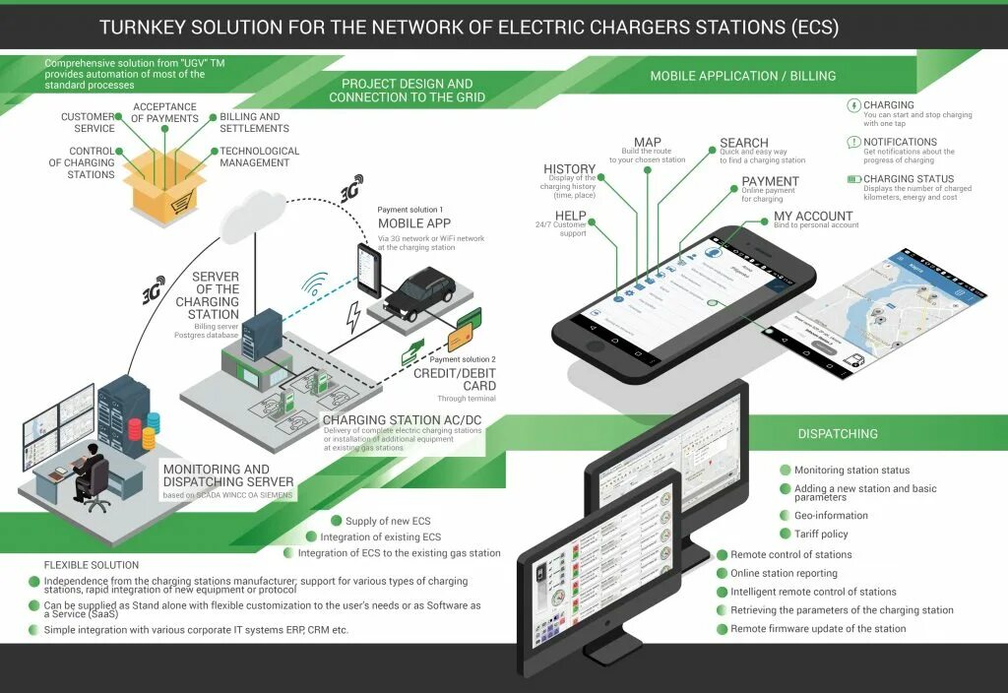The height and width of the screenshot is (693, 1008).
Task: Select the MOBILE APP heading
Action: pos(413,223)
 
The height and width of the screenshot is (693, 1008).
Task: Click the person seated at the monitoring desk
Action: pos(91,471)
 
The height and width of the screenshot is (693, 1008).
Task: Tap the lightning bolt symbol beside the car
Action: pos(351,318)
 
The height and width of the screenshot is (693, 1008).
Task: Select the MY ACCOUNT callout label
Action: pos(813,216)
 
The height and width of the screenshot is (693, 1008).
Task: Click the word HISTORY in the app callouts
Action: pos(569,169)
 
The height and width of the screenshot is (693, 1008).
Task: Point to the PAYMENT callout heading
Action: pos(770,181)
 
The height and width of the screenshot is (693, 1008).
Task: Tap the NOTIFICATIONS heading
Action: pos(900,142)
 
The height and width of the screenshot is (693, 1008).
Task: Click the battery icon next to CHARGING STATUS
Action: pos(853,179)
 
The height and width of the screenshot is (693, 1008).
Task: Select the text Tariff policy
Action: pos(821,534)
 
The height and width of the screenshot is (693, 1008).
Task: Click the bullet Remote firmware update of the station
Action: pos(817,628)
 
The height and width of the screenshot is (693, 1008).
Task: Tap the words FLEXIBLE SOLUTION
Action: pos(92,565)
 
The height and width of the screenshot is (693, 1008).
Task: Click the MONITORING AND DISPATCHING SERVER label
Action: pos(228,475)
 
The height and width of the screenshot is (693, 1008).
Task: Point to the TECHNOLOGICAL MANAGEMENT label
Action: pos(259,157)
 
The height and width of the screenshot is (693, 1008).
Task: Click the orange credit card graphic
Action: pos(461,339)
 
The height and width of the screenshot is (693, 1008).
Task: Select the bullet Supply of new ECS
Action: pos(387,521)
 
